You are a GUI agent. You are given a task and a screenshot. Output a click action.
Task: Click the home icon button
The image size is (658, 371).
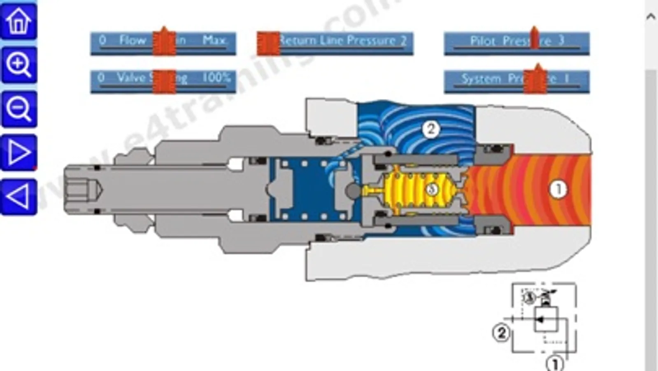19,21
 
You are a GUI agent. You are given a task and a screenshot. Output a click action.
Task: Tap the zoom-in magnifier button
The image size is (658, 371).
19,65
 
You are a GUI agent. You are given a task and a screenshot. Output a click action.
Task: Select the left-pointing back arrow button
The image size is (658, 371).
19,197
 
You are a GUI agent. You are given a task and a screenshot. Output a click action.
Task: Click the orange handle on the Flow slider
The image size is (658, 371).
164,42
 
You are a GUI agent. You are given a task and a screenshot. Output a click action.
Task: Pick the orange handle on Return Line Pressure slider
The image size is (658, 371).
268,43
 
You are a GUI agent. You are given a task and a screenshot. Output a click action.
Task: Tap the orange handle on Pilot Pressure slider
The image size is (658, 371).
534,38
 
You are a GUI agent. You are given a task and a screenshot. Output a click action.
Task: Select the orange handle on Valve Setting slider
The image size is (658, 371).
164,81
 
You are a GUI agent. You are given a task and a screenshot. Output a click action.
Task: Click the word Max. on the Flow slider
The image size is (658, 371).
214,40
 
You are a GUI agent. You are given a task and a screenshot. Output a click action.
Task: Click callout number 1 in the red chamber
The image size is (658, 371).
558,189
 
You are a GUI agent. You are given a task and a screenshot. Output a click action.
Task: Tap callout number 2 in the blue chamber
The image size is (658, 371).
430,129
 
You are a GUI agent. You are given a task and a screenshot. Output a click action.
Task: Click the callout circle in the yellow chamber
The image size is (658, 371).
431,189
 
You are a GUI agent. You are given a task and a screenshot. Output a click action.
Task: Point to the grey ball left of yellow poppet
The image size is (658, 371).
353,190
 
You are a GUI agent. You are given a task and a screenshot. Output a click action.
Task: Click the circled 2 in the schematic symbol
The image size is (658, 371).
501,332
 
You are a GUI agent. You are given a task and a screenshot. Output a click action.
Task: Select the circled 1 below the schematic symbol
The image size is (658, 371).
554,364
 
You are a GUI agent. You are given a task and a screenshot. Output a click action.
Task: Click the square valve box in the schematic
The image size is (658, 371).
546,319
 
